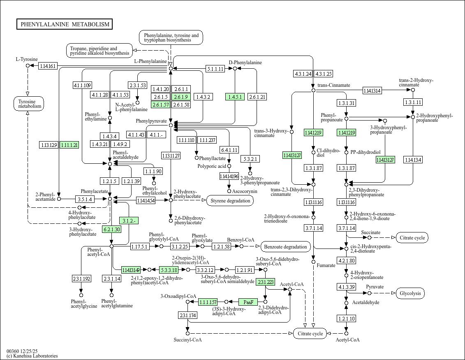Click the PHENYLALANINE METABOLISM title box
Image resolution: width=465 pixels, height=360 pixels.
[65, 24]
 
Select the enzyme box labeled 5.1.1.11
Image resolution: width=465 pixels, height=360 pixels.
[215, 69]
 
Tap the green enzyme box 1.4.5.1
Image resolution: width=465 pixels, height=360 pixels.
[235, 97]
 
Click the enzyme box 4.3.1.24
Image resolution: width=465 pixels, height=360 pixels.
[303, 74]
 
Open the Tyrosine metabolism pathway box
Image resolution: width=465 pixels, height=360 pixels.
[28, 104]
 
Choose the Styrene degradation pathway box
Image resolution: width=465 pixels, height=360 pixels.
[230, 201]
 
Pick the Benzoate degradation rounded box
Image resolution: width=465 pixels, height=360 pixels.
[286, 247]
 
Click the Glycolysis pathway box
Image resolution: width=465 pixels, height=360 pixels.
[410, 293]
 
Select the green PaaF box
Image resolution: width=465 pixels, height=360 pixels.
[248, 302]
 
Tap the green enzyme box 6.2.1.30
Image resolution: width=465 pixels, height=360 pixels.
[111, 229]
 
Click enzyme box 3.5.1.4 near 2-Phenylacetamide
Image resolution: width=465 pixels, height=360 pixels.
[84, 199]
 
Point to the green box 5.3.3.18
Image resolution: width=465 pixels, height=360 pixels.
[169, 270]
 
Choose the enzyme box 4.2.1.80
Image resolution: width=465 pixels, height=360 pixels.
[346, 260]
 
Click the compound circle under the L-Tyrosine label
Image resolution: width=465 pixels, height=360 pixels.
[28, 66]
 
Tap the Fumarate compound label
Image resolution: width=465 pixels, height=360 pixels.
[326, 265]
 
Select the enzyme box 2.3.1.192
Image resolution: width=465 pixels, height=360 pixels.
[81, 279]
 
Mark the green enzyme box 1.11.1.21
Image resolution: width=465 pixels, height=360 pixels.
[69, 145]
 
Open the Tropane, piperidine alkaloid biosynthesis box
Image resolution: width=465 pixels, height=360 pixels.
[99, 51]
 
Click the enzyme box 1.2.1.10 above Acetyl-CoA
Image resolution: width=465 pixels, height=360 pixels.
[346, 318]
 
